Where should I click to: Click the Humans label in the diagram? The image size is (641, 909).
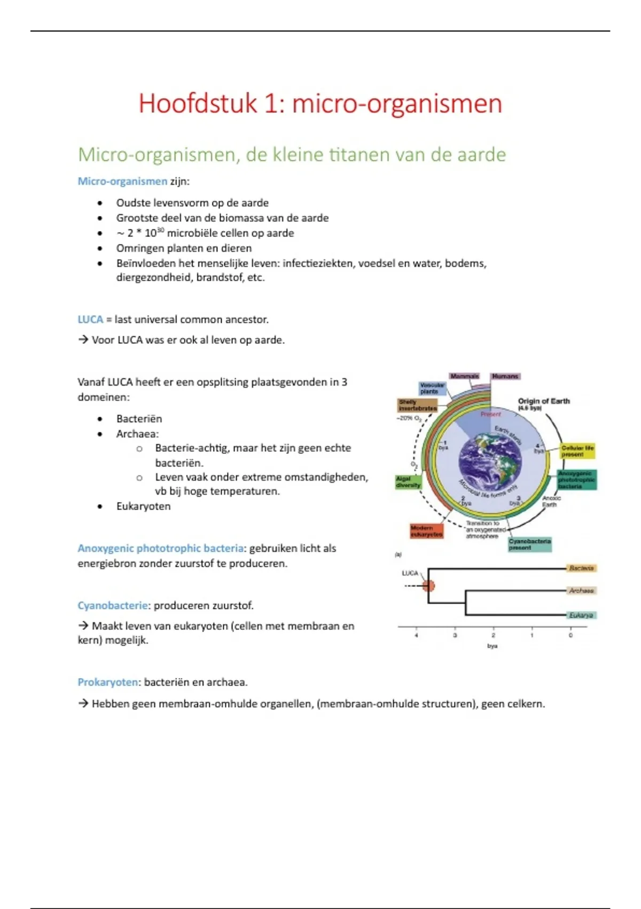point(505,376)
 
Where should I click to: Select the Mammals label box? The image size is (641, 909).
point(464,376)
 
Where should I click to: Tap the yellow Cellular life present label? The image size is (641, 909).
point(577,451)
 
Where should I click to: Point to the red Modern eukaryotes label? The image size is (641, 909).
point(426,531)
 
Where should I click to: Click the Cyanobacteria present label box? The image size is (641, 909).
point(529,544)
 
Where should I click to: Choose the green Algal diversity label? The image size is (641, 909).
point(408,482)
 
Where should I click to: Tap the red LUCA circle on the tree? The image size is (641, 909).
point(428,586)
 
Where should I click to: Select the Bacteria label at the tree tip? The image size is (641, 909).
point(581,568)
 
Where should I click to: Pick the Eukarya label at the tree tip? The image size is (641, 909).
point(581,615)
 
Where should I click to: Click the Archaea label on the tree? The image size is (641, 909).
point(581,591)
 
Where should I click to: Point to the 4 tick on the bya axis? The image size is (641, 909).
point(417,635)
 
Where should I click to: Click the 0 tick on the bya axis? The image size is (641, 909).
point(570,635)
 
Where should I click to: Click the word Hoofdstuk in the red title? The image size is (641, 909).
point(198,103)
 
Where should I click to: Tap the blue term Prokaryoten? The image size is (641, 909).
point(108,682)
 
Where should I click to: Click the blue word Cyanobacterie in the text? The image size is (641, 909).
point(113,605)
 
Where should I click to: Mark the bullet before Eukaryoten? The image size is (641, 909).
point(100,506)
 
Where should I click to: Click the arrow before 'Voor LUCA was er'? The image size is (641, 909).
point(83,340)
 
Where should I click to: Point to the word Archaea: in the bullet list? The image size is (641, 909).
point(137,434)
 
